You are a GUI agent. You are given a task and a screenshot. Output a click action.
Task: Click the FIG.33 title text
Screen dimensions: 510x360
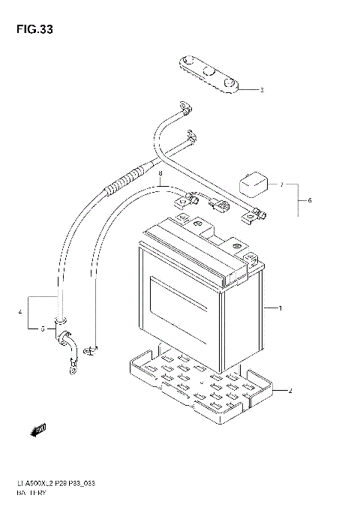coord(33,30)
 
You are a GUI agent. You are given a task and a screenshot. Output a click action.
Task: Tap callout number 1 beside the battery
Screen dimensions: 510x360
coord(279,308)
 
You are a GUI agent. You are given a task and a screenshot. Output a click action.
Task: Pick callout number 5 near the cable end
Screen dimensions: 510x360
coord(42,328)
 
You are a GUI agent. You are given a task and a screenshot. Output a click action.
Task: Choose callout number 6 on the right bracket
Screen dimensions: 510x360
coord(309,200)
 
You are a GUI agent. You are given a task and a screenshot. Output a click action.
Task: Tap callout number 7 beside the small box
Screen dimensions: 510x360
coord(280,184)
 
